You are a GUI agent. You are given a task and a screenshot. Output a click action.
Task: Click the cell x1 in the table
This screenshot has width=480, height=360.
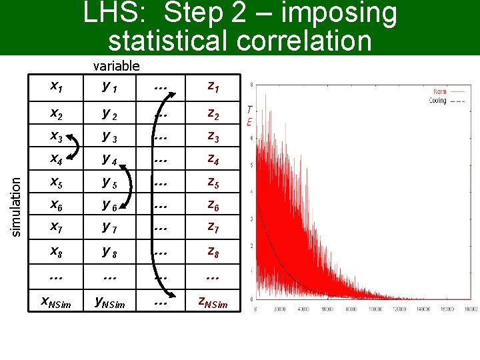coord(57,86)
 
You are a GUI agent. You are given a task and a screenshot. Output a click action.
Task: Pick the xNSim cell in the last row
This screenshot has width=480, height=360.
coord(57,303)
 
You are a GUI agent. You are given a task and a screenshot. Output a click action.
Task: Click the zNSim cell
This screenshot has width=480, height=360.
coord(213,303)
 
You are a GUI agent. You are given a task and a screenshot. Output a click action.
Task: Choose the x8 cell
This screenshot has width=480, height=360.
coord(57,252)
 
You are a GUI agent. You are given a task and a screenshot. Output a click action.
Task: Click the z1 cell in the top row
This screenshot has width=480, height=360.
coord(213,86)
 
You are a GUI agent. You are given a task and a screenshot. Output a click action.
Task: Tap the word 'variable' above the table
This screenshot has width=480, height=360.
coord(116,65)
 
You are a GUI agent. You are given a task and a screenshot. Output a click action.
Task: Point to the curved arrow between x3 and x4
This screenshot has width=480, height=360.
coord(75,149)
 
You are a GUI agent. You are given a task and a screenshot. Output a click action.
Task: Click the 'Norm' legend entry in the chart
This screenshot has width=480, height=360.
coord(439,91)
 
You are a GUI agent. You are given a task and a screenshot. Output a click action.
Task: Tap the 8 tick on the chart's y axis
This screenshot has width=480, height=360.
coord(250,85)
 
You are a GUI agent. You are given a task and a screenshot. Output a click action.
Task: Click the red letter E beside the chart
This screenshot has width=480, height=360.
coord(249,122)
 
